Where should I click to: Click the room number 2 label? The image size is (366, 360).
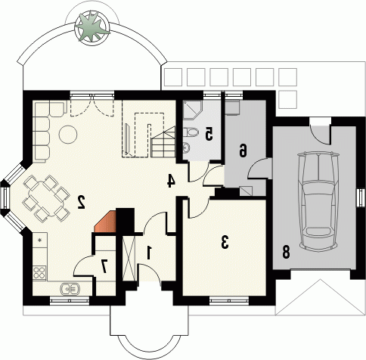tap(81, 202)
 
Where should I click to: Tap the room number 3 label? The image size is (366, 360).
tap(225, 242)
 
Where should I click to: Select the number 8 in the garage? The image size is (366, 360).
tap(286, 252)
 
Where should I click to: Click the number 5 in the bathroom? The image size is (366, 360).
tap(209, 134)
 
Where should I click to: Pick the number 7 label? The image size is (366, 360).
tap(104, 267)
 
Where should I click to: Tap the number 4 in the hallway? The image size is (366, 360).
tap(171, 181)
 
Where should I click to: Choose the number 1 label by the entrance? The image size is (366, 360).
tap(150, 253)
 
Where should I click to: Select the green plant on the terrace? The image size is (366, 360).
tap(92, 28)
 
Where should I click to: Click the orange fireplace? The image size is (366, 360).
tap(105, 222)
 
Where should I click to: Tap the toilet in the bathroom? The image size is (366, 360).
tap(191, 132)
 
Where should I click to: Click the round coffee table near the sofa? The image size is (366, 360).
tap(68, 134)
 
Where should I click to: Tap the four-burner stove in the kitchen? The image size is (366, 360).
tap(39, 273)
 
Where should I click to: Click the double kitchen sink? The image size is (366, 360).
tap(70, 289)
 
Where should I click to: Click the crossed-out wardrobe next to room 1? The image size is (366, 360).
tap(129, 259)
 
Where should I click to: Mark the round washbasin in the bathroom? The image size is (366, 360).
tap(187, 147)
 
